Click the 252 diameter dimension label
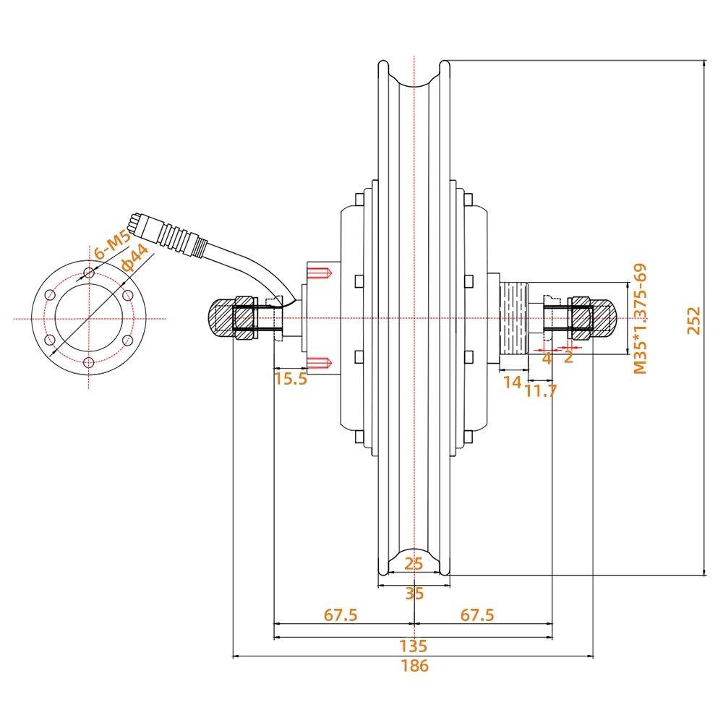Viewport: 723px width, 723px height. [693, 321]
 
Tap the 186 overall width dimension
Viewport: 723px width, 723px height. [414, 666]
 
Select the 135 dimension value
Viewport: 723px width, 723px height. [413, 646]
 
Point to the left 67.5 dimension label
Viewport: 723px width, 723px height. [341, 615]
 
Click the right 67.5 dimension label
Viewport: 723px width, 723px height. [477, 615]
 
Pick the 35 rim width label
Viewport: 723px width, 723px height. [414, 594]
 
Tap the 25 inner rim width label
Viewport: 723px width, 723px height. [414, 563]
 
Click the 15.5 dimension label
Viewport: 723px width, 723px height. [291, 379]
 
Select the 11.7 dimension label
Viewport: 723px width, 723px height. [541, 391]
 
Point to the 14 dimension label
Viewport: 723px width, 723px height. [513, 382]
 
